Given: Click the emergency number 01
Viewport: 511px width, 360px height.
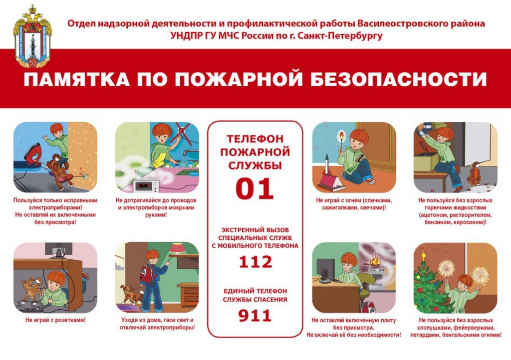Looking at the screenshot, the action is (255, 188).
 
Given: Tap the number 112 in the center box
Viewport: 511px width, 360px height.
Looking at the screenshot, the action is (255, 262).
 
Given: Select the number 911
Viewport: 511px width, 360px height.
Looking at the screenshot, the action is (255, 316).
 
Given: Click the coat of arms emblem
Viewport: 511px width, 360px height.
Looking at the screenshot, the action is (32, 36).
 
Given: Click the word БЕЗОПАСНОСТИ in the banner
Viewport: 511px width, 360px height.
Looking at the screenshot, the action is (399, 79).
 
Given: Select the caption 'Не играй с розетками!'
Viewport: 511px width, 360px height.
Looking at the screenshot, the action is (55, 320).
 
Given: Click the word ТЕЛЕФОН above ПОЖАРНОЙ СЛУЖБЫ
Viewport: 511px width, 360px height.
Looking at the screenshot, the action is (255, 139).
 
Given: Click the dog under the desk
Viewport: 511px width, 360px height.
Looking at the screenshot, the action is (32, 288).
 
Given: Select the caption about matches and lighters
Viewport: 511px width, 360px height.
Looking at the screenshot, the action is (354, 204).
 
